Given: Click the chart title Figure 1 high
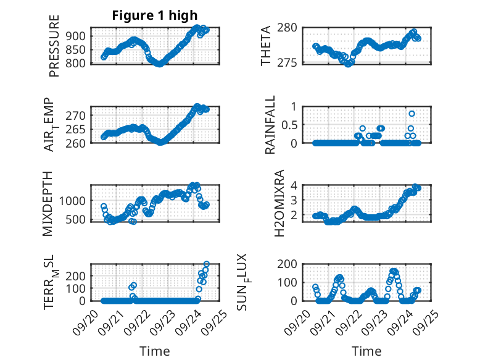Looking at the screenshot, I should coord(155,15).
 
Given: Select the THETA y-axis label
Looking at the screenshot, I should coord(266,46).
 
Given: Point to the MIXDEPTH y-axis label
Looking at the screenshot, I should coord(48,203).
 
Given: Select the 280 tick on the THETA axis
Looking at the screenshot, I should coord(289,27).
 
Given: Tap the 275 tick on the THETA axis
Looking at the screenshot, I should coord(289,62).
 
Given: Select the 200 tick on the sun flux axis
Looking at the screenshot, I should coord(289,264).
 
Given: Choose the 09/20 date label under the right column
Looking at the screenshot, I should coord(300,319).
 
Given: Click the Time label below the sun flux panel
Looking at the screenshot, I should coord(366,351).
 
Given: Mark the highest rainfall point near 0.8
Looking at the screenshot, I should coord(412,114).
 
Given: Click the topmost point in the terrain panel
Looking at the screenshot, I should coord(206,264).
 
